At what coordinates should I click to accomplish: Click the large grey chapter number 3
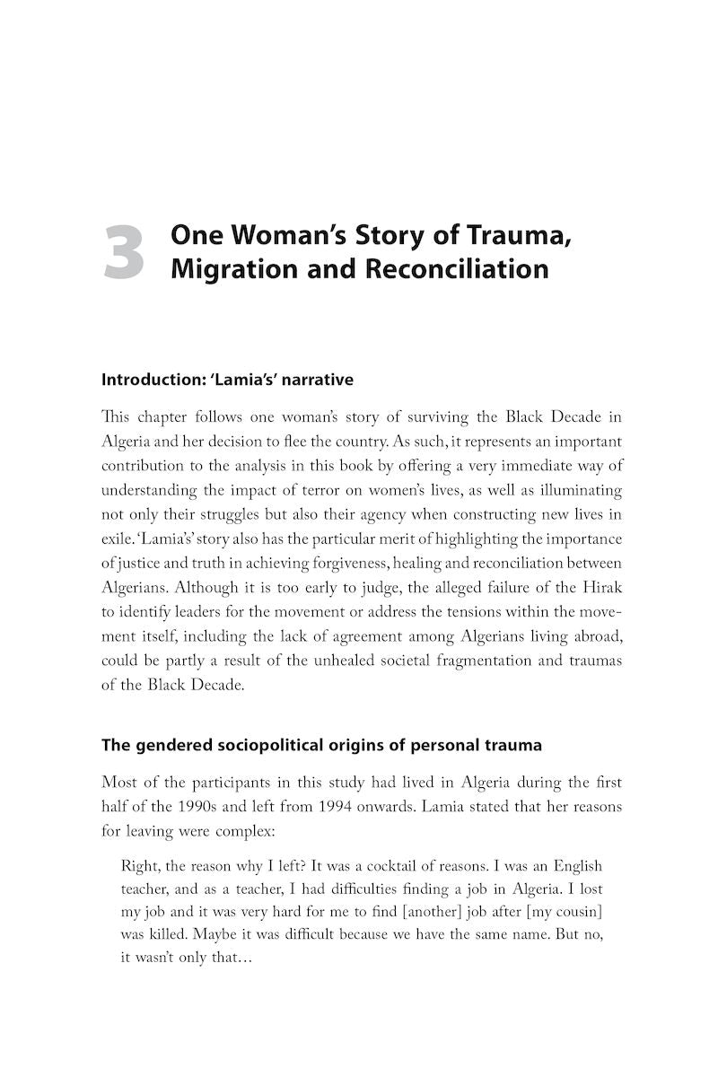pyautogui.click(x=124, y=253)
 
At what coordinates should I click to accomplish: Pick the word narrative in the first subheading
pyautogui.click(x=316, y=380)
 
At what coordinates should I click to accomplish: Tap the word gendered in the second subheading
pyautogui.click(x=169, y=745)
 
